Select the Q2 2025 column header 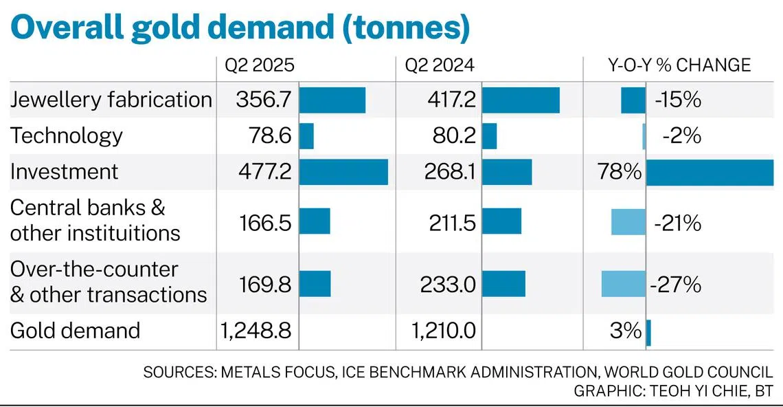tap(260, 65)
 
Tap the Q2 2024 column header tap(440, 65)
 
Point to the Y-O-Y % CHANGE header tap(679, 65)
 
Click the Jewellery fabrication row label tap(111, 100)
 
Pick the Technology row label tap(67, 136)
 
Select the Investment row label tap(65, 171)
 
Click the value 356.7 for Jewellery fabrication tap(264, 100)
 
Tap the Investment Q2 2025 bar tap(343, 172)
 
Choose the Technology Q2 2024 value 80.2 tap(455, 136)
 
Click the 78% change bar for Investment tap(710, 173)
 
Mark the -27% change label tap(676, 285)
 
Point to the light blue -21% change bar tap(628, 222)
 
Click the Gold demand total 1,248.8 tap(256, 331)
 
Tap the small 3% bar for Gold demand tap(648, 333)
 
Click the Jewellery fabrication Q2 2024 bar tap(521, 100)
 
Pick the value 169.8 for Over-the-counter tap(265, 285)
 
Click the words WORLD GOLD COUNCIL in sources tap(688, 373)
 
